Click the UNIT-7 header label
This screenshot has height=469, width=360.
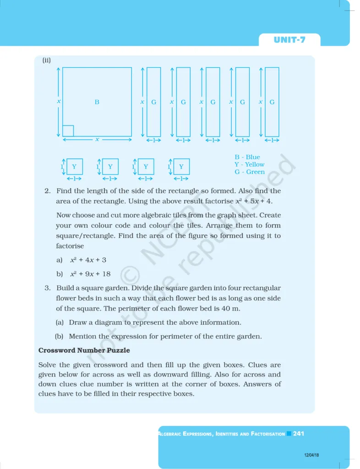coord(289,40)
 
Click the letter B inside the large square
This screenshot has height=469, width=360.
coord(97,102)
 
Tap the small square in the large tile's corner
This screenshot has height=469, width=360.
coord(68,131)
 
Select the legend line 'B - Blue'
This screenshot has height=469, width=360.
coord(247,157)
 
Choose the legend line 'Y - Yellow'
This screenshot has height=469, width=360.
coord(249,164)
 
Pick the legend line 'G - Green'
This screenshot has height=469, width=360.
coord(249,172)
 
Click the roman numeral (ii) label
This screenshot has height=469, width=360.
coord(46,60)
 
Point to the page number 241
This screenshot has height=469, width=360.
coord(299,433)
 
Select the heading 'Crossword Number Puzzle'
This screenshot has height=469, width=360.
coord(84,350)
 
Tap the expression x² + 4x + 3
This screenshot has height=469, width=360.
coord(88,260)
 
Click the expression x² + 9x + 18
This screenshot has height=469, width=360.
coord(90,274)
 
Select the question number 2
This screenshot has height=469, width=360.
coord(47,191)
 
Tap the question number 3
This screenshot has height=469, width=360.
coord(47,288)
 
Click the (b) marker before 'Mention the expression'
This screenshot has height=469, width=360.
coord(59,336)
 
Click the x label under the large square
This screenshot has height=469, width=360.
coord(97,140)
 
